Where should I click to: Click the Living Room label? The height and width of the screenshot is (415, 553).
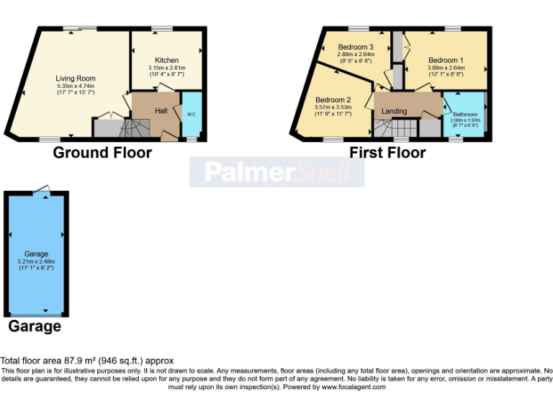point(76,79)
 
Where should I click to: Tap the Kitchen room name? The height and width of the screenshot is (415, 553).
point(166,60)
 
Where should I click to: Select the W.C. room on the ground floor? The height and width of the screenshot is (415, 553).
point(192,114)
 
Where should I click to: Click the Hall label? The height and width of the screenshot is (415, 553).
point(161,111)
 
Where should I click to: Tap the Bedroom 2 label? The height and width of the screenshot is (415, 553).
point(333,99)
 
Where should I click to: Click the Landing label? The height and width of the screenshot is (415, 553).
point(394,111)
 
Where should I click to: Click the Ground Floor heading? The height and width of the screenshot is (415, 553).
point(102,153)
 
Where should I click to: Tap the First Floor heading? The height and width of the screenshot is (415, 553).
point(387,153)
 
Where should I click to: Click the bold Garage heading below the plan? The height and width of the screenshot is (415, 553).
point(35,326)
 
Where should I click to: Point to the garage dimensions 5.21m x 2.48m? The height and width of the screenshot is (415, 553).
point(37,261)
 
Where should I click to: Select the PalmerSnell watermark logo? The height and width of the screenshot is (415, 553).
point(276,171)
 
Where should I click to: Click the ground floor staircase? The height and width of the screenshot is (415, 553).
point(133,129)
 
